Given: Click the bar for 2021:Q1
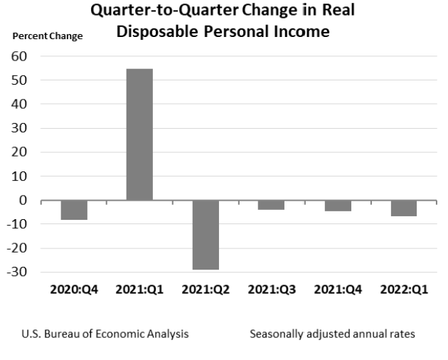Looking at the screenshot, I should tap(139, 134).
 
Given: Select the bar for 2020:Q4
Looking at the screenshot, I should tap(74, 210).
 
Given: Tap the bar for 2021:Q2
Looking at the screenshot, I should tap(206, 235).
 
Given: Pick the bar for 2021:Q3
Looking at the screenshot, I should tap(271, 205).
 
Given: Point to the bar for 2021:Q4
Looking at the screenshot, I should tap(337, 206).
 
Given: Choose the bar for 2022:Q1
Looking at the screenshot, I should tap(403, 208).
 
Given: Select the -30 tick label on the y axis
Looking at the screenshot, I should tap(17, 272).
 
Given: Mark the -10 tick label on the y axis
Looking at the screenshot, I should tap(17, 224).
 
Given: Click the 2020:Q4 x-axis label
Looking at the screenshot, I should tap(73, 290).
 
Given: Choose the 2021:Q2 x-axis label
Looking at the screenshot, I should tap(206, 290).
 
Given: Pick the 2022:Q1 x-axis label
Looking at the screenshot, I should tap(403, 290).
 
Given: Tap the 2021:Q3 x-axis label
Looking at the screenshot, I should tap(271, 290).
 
